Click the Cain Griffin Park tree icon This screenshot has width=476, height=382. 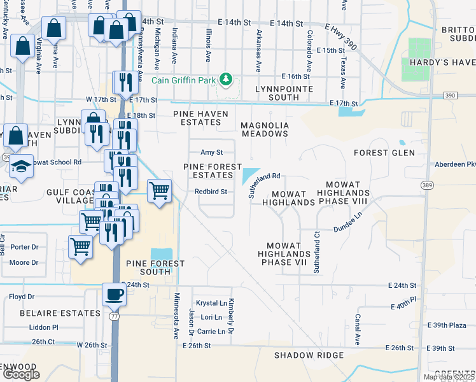(x=225, y=80)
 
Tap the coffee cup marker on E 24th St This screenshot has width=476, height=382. (x=115, y=295)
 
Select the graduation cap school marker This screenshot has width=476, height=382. (x=22, y=166)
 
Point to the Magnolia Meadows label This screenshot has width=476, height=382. (x=265, y=129)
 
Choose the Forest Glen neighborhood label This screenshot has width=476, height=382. (x=384, y=153)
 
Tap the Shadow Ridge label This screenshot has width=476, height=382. (x=309, y=355)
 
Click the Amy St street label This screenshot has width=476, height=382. (x=211, y=152)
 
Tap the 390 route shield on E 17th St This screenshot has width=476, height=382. (x=451, y=95)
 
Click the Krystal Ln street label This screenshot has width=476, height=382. (x=212, y=304)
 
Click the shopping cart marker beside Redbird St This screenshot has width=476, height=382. (x=159, y=190)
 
